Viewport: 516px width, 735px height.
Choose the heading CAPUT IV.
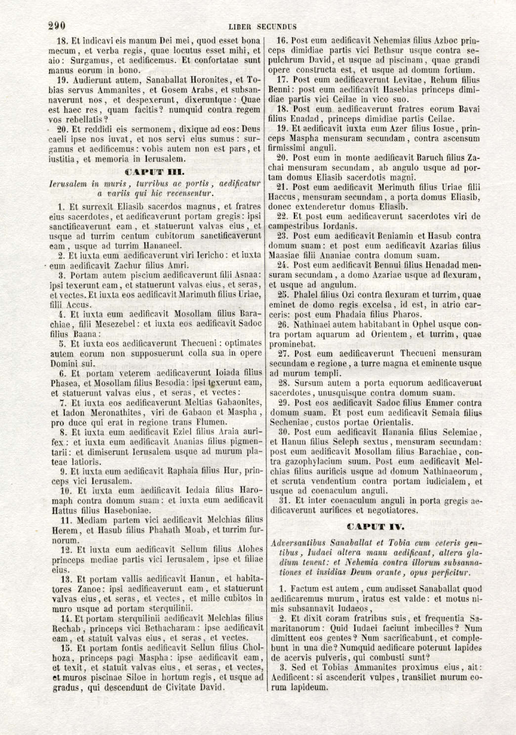(376, 526)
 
